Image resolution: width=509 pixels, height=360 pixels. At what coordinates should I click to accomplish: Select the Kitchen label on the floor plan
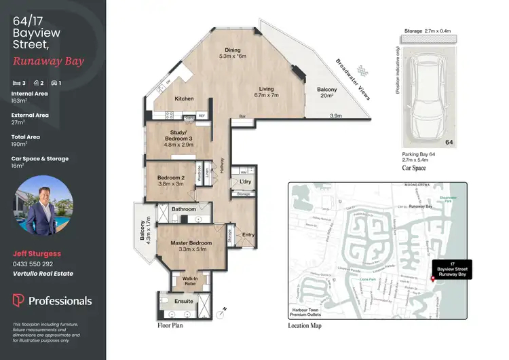185,99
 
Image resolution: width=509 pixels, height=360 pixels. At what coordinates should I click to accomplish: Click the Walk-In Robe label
185,280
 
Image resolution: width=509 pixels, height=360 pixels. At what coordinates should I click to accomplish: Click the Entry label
248,235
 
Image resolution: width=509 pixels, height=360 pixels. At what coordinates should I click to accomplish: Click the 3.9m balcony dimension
335,117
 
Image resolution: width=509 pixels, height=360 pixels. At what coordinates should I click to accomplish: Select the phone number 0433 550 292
33,264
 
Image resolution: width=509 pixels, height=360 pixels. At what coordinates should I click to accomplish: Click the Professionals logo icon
18,300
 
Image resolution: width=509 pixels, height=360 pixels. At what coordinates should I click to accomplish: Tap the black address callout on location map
455,268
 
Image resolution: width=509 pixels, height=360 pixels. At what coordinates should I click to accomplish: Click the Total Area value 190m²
18,144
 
